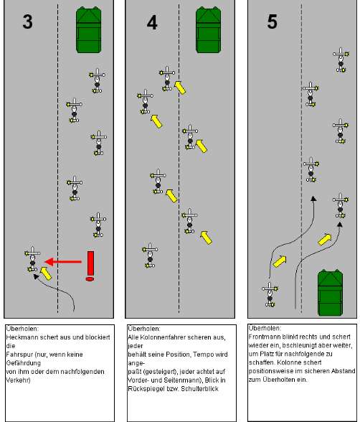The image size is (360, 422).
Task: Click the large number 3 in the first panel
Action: click(x=28, y=22)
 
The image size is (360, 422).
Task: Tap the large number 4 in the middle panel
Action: click(x=152, y=22)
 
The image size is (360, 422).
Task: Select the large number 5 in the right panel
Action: click(x=272, y=22)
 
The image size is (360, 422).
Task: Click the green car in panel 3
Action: click(x=89, y=30)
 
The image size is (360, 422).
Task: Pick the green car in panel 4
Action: click(x=209, y=30)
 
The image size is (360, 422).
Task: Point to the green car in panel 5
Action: click(x=330, y=293)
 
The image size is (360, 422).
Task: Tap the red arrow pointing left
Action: click(x=63, y=261)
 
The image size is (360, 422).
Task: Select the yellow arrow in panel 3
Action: click(x=46, y=273)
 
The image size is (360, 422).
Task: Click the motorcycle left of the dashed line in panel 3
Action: click(x=32, y=259)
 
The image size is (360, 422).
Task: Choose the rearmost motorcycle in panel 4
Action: click(x=150, y=255)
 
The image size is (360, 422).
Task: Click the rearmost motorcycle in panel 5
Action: click(x=270, y=294)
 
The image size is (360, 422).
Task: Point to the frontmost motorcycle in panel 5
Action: click(x=341, y=60)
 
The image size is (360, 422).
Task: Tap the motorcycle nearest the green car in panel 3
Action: click(x=97, y=80)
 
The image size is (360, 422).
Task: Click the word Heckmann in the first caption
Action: click(x=19, y=337)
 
